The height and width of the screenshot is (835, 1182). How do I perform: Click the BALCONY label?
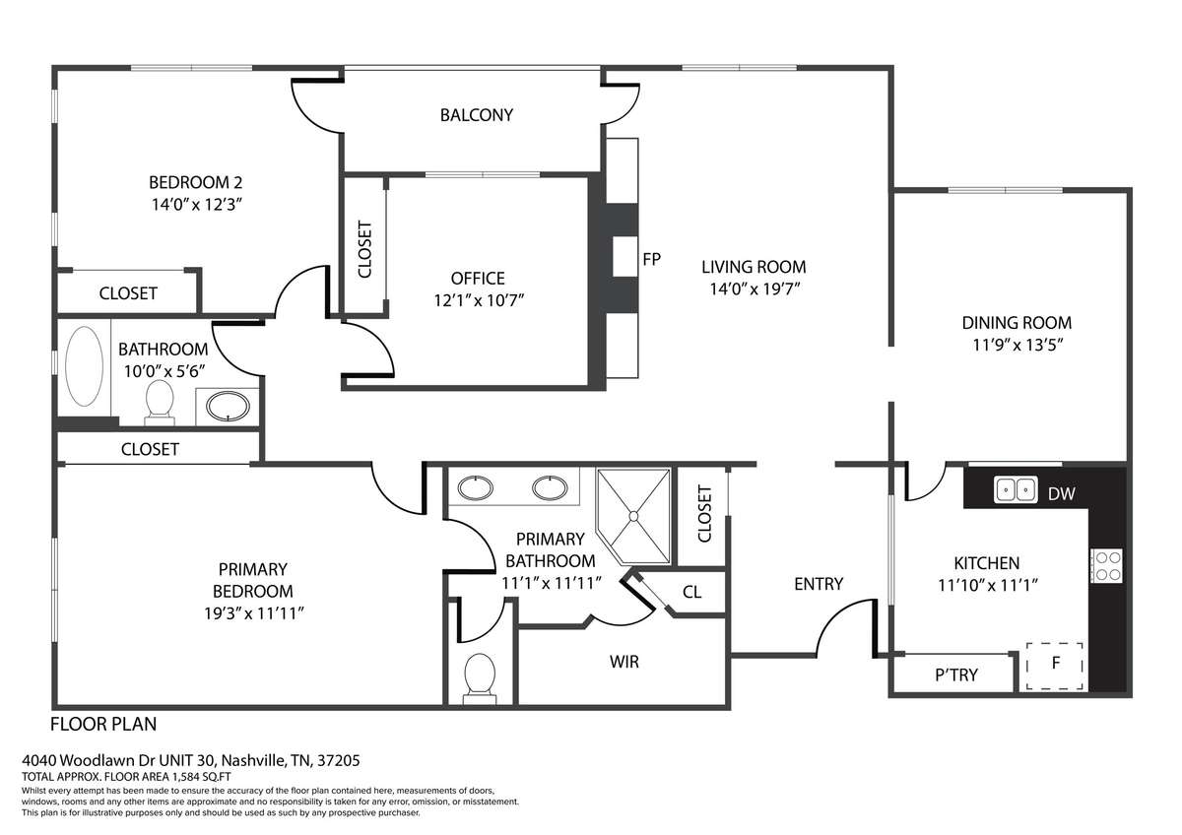pyautogui.click(x=477, y=115)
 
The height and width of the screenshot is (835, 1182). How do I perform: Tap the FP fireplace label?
pyautogui.click(x=652, y=259)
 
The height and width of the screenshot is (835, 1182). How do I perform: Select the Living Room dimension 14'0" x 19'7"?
pyautogui.click(x=755, y=289)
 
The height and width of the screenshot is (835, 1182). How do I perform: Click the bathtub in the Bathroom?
pyautogui.click(x=84, y=365)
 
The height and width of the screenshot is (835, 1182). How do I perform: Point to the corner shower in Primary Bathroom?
pyautogui.click(x=633, y=516)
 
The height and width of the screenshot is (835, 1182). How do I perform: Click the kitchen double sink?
pyautogui.click(x=1016, y=489)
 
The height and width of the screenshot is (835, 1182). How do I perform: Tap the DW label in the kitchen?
pyautogui.click(x=1061, y=493)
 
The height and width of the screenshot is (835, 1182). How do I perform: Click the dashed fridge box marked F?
pyautogui.click(x=1055, y=667)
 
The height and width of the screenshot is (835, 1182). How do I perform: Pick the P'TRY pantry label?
pyautogui.click(x=956, y=674)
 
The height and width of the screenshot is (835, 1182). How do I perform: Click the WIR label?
pyautogui.click(x=624, y=662)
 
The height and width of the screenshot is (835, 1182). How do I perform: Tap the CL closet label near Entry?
pyautogui.click(x=691, y=592)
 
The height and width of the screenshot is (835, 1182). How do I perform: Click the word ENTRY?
pyautogui.click(x=819, y=583)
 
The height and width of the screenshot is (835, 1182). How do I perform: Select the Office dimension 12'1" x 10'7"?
pyautogui.click(x=479, y=300)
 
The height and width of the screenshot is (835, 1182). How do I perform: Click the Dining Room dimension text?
pyautogui.click(x=1018, y=345)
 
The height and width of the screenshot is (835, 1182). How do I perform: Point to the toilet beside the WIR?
pyautogui.click(x=480, y=678)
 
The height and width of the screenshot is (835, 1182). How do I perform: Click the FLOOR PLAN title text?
pyautogui.click(x=103, y=725)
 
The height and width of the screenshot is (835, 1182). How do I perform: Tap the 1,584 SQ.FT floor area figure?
pyautogui.click(x=201, y=777)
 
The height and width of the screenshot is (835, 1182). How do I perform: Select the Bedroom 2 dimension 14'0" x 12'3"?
pyautogui.click(x=197, y=204)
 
